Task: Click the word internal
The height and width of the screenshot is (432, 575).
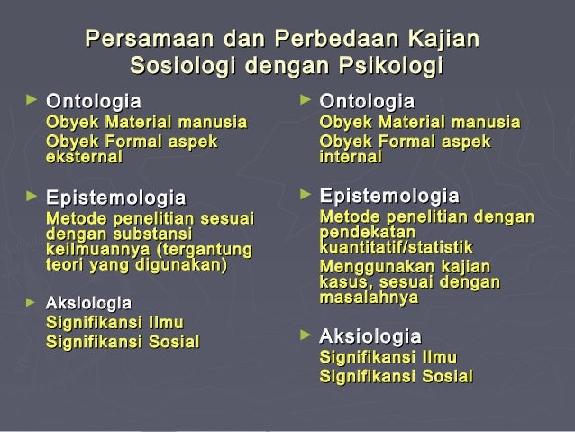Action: (x=351, y=157)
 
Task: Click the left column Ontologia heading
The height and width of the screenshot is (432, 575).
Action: (x=94, y=99)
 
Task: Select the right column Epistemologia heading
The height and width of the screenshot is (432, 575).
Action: (x=389, y=196)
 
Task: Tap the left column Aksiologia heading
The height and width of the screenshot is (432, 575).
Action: (x=88, y=303)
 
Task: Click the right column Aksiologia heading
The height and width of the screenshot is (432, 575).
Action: (x=370, y=336)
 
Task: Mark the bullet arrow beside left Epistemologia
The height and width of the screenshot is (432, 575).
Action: (x=32, y=194)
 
